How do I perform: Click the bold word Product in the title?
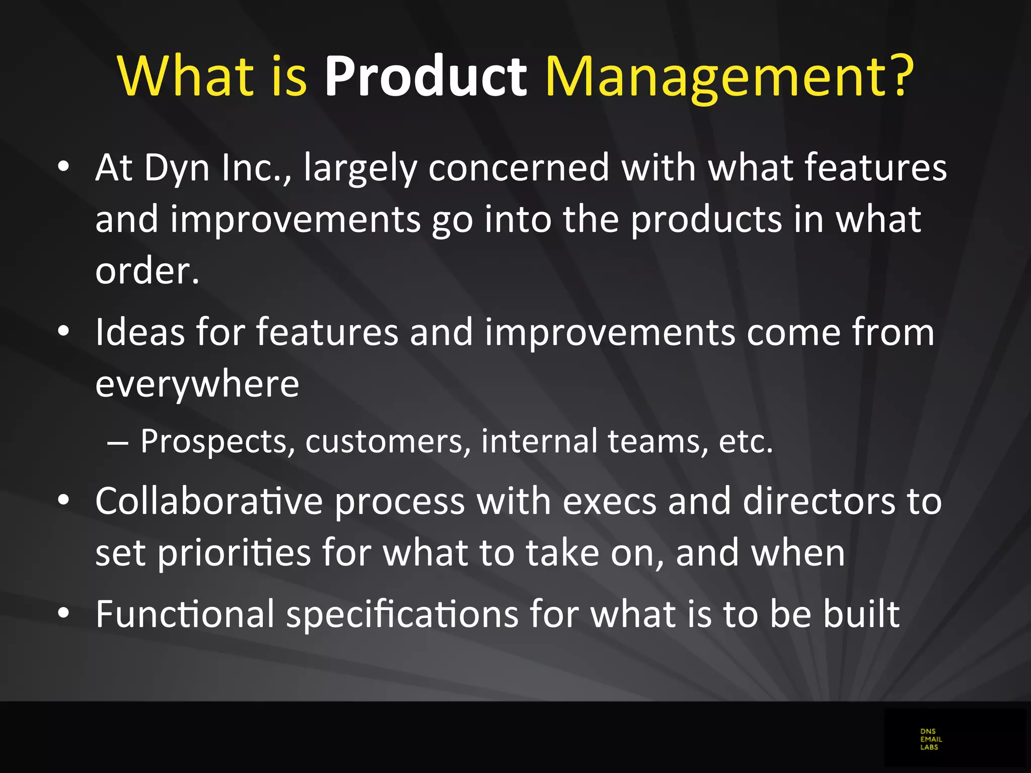click(425, 76)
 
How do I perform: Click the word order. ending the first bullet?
click(148, 271)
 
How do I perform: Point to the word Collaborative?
click(209, 501)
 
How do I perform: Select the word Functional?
click(185, 614)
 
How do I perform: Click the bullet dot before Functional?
click(63, 613)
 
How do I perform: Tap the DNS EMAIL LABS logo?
click(931, 739)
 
